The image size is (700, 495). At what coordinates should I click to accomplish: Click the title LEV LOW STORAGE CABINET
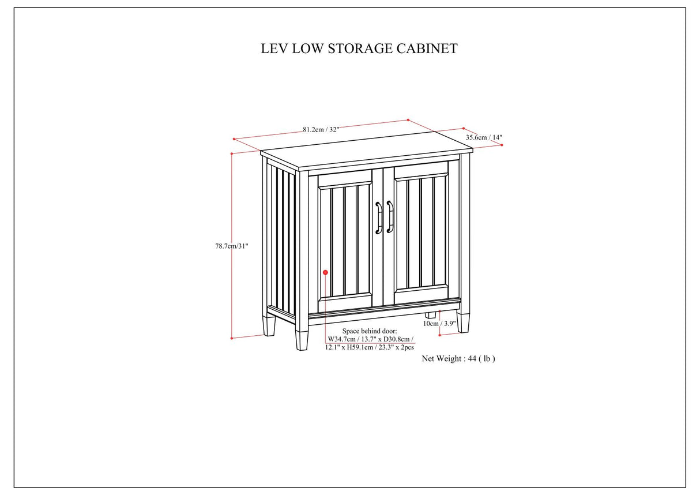coord(359,48)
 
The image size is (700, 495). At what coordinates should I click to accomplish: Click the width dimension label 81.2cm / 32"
coord(321,129)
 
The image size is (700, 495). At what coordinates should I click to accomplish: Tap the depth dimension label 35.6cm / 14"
coord(484,137)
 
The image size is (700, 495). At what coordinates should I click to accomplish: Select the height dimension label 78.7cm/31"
coord(231,246)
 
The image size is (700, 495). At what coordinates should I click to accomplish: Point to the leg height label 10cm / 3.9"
coord(439,324)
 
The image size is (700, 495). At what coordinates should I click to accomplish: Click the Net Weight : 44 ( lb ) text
coord(458,358)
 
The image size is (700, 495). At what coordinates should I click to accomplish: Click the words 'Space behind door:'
coord(366,331)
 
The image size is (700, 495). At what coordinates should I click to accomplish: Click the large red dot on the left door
coord(325,272)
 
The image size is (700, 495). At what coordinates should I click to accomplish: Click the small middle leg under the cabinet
coord(430,316)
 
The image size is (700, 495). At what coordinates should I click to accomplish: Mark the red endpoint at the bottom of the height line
coord(231,338)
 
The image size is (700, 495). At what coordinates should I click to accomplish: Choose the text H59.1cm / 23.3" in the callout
coord(374,348)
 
